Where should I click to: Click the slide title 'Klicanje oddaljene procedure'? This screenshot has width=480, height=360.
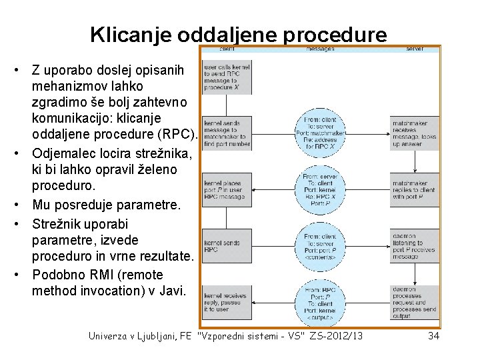point(238,35)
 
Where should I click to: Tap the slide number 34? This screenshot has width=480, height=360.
point(433,335)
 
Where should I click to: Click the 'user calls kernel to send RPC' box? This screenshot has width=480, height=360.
point(227,77)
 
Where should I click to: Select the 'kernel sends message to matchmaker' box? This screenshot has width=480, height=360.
point(227,132)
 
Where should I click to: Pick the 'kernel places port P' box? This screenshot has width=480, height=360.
point(227,189)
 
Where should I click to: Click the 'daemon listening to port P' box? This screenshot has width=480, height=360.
point(414,246)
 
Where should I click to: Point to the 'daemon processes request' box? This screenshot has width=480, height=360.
point(414,301)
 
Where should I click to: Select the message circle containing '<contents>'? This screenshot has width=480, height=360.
point(320,246)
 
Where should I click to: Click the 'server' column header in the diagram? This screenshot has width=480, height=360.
point(414,49)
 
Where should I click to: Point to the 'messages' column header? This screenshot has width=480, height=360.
point(320,49)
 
